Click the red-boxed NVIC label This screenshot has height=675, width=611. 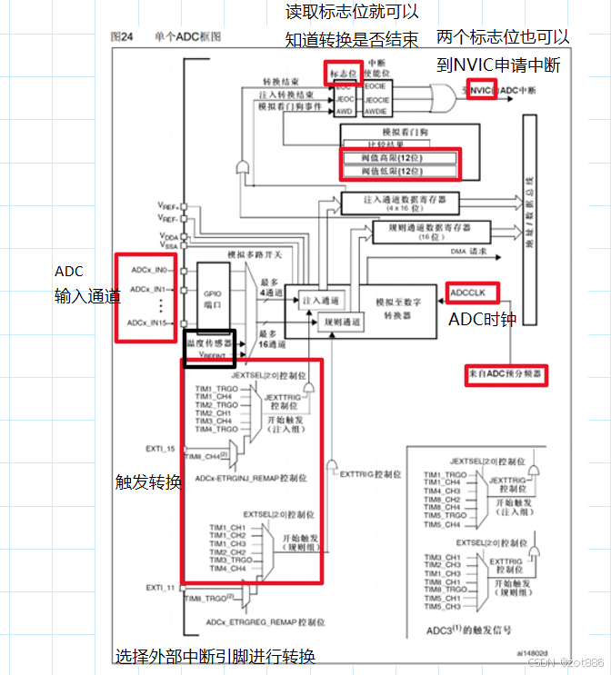[x=481, y=91]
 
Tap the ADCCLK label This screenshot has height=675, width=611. [x=469, y=293]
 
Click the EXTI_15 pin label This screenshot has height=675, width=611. [x=159, y=449]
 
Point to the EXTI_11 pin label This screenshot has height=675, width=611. [x=159, y=588]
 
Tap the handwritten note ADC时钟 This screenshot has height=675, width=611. [x=483, y=320]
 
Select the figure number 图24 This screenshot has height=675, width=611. [x=122, y=36]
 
